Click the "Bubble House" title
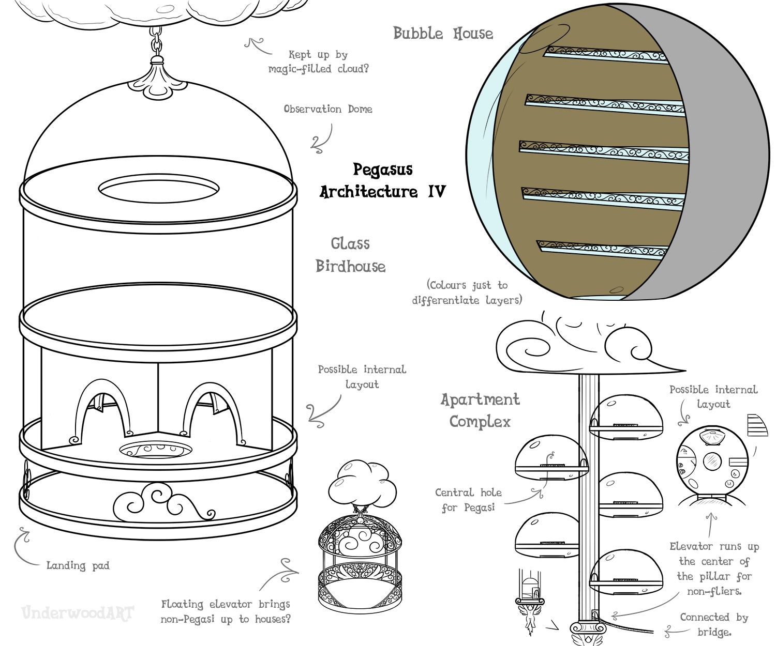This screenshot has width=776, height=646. tap(443, 34)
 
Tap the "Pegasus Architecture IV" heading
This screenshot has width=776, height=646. tap(382, 181)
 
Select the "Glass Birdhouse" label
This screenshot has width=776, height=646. tap(350, 255)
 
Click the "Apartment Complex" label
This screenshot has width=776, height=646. tap(480, 410)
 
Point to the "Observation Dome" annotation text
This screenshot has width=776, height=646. tap(327, 109)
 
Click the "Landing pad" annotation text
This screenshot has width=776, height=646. tap(78, 565)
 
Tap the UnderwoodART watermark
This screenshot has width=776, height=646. tap(78, 613)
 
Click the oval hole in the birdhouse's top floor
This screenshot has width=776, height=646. tap(159, 189)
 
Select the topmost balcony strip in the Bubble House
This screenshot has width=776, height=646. tap(605, 54)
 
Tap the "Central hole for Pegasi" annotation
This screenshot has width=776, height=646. tap(468, 500)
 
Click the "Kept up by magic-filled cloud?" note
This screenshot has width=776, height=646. tap(318, 61)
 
